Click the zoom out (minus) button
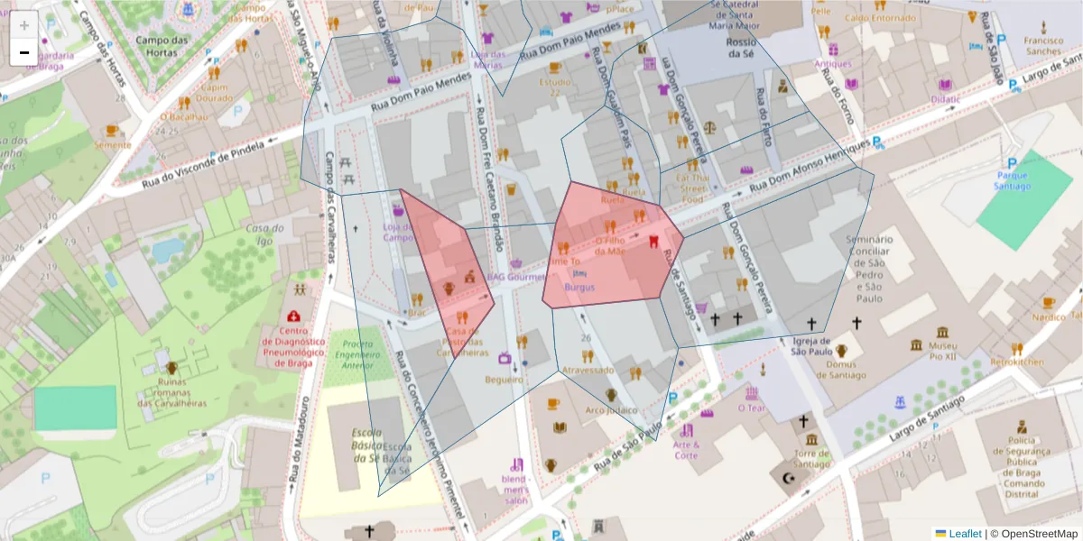[x=23, y=52]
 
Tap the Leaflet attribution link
[x=964, y=534]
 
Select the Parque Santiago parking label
[x=1013, y=180]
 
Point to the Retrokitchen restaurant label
[x=1017, y=362]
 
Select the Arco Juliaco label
[x=611, y=410]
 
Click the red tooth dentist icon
[x=655, y=242]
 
